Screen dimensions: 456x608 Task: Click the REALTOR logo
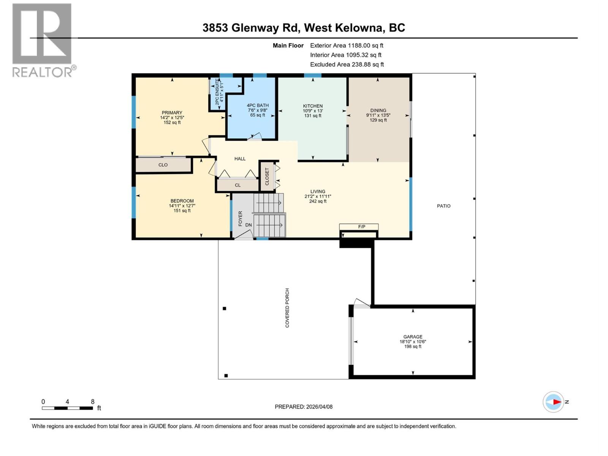point(43,40)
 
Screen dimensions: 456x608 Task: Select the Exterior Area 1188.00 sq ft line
point(347,45)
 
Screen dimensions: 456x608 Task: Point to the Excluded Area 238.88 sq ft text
point(347,65)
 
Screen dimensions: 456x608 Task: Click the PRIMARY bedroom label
point(172,112)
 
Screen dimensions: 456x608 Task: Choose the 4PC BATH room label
point(258,105)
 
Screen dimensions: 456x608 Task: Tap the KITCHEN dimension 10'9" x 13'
point(313,111)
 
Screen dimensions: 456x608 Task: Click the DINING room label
point(378,110)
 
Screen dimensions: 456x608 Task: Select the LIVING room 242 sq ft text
point(318,201)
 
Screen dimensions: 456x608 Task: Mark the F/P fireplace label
point(361,227)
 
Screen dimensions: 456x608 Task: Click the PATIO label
point(443,206)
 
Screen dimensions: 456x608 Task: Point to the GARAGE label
point(413,337)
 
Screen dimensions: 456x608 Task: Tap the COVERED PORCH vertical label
point(287,308)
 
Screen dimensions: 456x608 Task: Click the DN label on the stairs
point(248,225)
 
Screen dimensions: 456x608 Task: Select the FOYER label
point(240,218)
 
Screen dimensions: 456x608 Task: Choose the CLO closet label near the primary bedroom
point(163,165)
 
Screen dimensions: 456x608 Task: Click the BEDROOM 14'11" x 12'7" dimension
point(182,206)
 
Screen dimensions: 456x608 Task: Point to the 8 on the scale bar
point(92,402)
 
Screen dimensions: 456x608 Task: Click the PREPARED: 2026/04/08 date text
point(304,407)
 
